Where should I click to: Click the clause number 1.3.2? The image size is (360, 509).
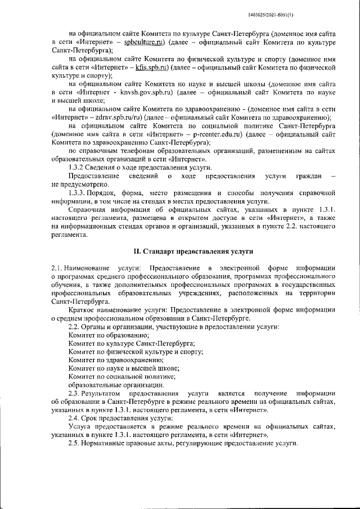click(76, 168)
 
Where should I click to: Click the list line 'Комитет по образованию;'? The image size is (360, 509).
click(101, 335)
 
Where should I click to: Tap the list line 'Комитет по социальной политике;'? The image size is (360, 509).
click(122, 376)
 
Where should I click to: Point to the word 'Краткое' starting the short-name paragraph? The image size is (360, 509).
click(82, 310)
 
